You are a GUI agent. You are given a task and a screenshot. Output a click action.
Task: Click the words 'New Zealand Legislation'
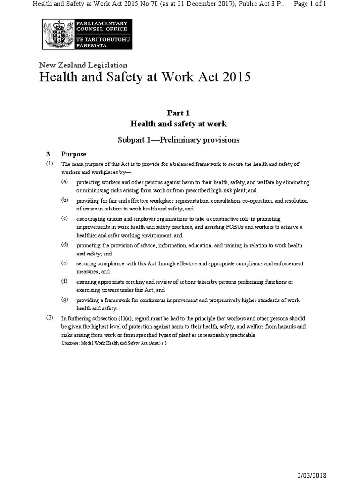[83, 66]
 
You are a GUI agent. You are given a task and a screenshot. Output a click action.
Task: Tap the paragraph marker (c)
[65, 218]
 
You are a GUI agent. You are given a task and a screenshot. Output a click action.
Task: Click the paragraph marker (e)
[65, 263]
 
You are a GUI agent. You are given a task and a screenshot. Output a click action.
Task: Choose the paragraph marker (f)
[65, 281]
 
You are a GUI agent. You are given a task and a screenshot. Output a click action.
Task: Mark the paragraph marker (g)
[65, 299]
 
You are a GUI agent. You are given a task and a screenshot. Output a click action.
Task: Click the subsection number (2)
[50, 317]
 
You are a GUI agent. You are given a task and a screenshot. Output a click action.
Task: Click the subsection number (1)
[50, 164]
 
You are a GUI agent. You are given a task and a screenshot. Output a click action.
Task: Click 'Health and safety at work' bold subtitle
[178, 124]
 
